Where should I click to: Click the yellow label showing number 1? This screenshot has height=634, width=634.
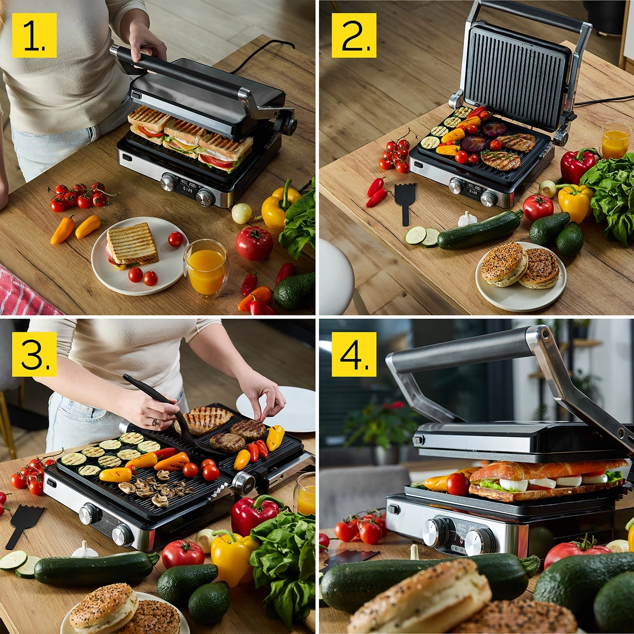click(x=34, y=35)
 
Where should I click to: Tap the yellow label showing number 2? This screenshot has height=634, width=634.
click(x=354, y=35)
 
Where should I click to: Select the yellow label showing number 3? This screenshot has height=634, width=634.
click(x=34, y=354)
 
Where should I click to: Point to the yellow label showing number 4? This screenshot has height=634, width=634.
click(x=354, y=354)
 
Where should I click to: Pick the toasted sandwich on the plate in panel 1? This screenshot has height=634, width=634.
click(x=132, y=246)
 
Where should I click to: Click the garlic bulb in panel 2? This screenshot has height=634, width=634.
click(x=467, y=218)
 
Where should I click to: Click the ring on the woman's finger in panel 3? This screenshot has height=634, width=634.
click(x=154, y=422)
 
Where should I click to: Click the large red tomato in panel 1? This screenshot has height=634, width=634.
click(x=254, y=243)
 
